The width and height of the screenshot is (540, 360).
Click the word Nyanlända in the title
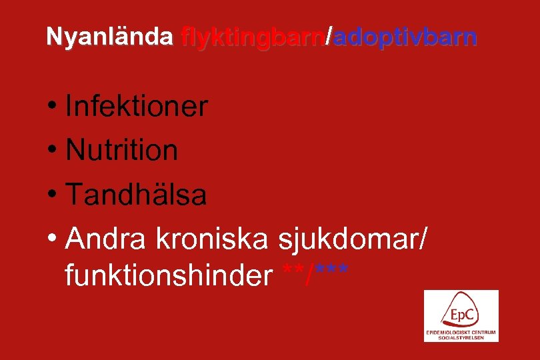point(109,37)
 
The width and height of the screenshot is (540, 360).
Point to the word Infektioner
point(137,107)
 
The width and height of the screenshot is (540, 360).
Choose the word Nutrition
point(122,151)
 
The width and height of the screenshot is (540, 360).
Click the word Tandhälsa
point(136,195)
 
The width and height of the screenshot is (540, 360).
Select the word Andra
point(107,239)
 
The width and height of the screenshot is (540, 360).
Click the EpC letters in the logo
point(461,313)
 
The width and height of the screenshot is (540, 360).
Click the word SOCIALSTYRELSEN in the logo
point(461,337)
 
